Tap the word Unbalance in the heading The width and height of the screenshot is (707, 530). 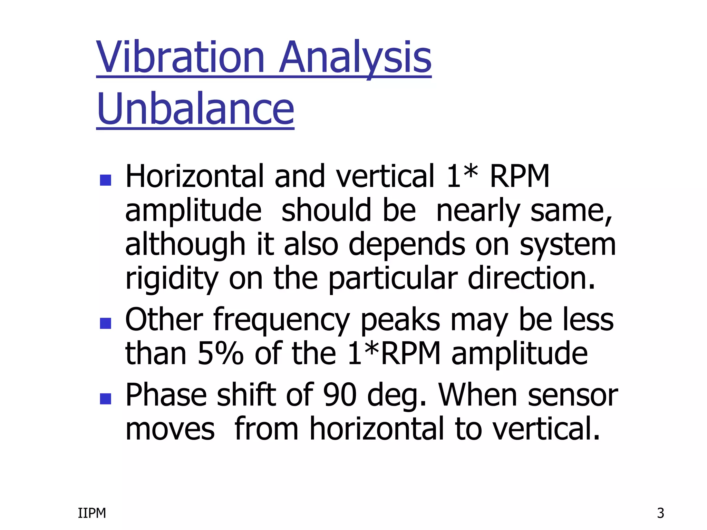tap(195, 110)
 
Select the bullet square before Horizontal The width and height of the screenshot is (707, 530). tap(105, 180)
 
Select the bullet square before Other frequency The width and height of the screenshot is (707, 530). tap(105, 323)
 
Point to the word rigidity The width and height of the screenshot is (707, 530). tap(172, 279)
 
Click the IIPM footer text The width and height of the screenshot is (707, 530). tap(92, 513)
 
